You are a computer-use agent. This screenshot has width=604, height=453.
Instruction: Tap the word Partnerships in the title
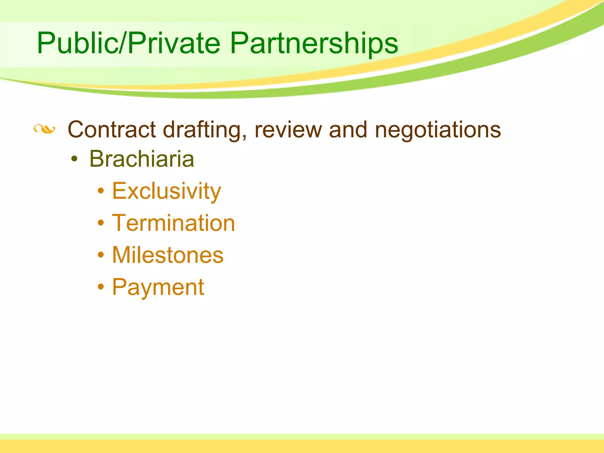(x=314, y=43)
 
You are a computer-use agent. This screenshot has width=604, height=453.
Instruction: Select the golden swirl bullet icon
(x=44, y=129)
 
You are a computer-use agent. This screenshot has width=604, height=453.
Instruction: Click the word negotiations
(x=438, y=130)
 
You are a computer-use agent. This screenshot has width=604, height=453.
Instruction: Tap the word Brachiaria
(x=142, y=159)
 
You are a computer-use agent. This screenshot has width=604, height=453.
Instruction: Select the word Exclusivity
(x=166, y=191)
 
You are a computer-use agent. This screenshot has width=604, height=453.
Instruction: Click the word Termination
(x=173, y=223)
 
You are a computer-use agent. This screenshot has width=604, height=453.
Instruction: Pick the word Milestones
(x=168, y=255)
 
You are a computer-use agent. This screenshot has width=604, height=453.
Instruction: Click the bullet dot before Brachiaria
(x=75, y=160)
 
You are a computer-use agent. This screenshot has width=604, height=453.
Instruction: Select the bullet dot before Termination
(x=101, y=223)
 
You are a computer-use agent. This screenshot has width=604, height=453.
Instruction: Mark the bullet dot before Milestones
(x=101, y=255)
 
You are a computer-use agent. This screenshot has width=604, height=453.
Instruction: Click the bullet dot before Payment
(x=101, y=286)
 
